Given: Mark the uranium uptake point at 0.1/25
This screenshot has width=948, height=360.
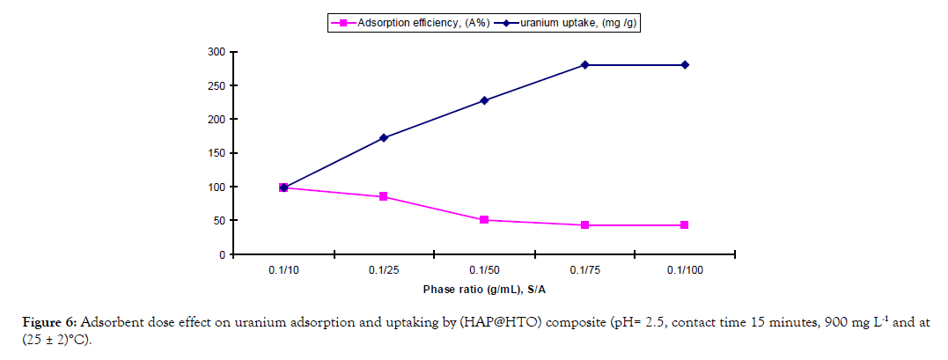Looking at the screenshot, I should (384, 137).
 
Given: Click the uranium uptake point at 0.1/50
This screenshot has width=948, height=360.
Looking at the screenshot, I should (484, 100).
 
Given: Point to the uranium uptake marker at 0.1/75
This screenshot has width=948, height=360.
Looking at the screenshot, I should (584, 64).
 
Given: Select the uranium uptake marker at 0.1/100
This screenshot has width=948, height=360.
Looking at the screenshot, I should (685, 64).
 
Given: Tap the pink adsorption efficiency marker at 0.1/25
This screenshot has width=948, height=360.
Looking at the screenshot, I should (384, 196).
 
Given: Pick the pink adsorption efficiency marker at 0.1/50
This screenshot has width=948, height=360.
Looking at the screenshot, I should (484, 220).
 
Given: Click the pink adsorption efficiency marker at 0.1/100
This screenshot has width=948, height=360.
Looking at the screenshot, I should (685, 225).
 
